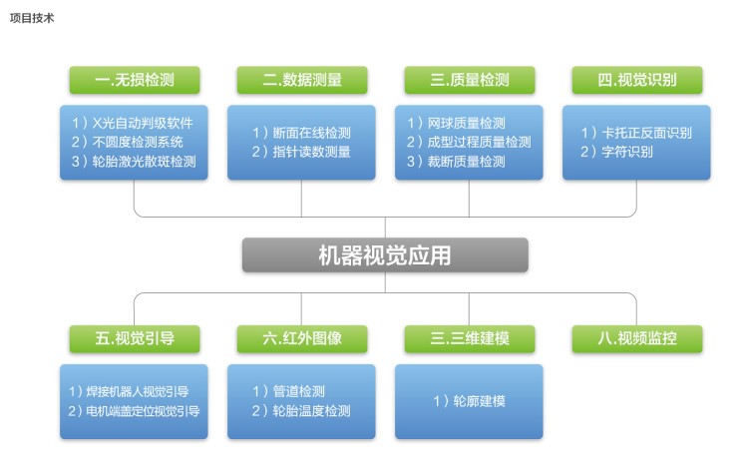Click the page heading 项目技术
(32, 18)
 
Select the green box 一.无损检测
(135, 80)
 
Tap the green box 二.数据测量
(302, 80)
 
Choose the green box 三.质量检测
(470, 80)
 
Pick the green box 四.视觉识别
(637, 80)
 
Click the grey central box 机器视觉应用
(385, 255)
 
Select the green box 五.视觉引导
(135, 339)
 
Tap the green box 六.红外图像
(302, 339)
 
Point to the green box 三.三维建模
(470, 339)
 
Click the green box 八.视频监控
(637, 339)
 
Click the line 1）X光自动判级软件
(133, 123)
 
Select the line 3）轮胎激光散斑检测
(134, 162)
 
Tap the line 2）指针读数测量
(301, 152)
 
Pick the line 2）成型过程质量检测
(469, 142)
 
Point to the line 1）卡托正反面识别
(636, 133)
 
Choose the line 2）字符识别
(616, 152)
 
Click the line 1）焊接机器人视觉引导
(129, 392)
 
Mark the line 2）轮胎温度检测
(301, 411)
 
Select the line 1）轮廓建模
(470, 401)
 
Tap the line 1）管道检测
(288, 391)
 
